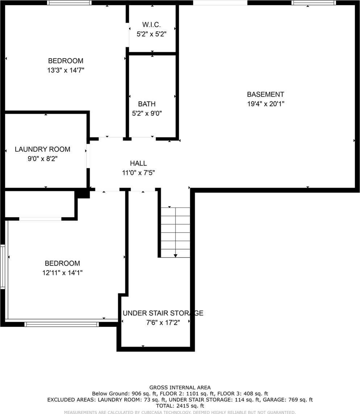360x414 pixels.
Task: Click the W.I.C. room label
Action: (151, 25)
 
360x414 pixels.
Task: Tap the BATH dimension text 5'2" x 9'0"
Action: (147, 113)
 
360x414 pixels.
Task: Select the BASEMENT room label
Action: (265, 94)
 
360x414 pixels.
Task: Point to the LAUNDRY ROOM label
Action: (42, 149)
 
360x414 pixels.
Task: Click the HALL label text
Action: (138, 163)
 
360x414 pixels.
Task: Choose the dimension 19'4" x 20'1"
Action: (265, 104)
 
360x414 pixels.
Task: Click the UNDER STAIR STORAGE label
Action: (163, 313)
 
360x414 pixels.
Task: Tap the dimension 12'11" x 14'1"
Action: (62, 273)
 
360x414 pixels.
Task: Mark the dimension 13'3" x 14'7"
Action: (66, 70)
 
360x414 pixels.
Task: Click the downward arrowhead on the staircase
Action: (176, 256)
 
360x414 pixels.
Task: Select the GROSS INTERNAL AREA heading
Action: (180, 388)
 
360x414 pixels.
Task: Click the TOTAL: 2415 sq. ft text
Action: (180, 406)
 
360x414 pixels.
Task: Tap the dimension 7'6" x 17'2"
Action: (163, 323)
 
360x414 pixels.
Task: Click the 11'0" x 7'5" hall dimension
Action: (138, 173)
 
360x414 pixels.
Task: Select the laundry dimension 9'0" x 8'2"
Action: (42, 159)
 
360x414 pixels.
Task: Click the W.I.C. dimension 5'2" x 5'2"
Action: (151, 34)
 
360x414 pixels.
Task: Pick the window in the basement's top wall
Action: (314, 3)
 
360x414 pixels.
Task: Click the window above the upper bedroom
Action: (70, 3)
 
